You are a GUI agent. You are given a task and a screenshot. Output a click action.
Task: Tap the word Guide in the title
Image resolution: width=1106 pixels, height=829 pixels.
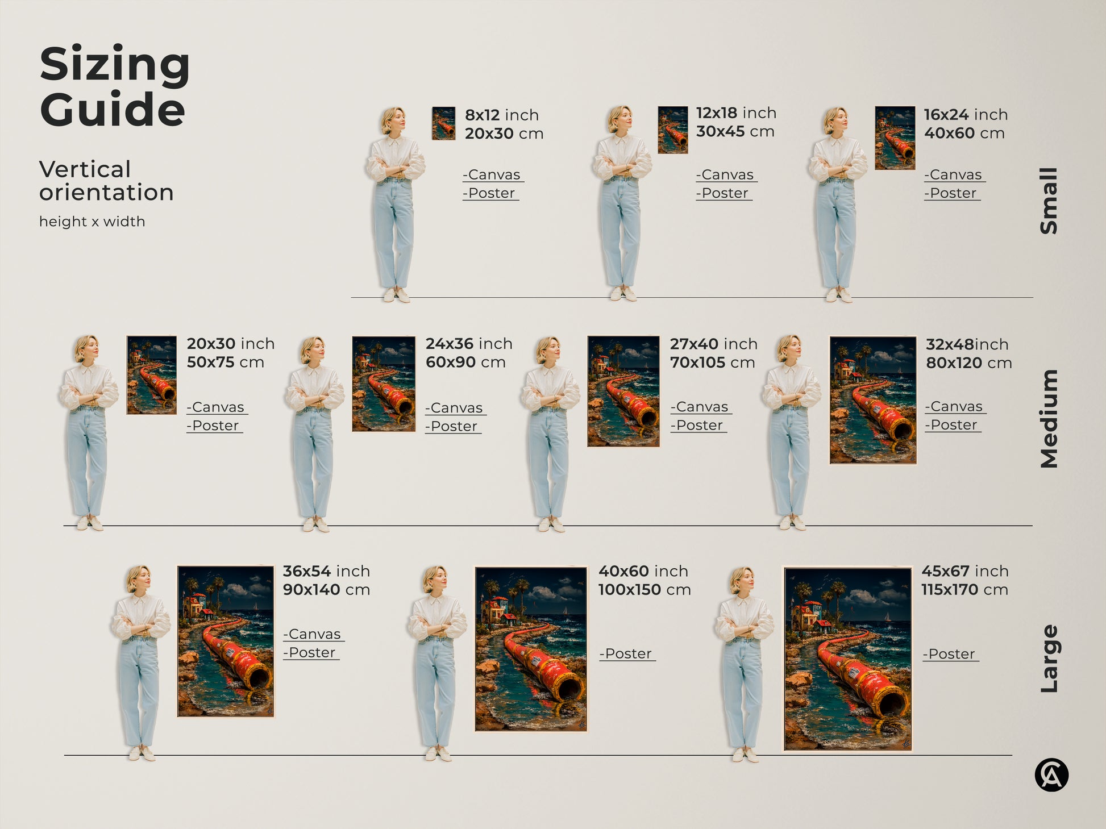112,109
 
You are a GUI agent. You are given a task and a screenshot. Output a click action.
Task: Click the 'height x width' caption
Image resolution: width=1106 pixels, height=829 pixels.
92,222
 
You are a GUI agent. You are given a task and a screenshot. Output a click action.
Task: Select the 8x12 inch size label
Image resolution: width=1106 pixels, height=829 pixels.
501,115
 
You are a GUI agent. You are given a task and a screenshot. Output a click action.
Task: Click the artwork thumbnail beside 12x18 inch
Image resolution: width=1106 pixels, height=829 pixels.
672,130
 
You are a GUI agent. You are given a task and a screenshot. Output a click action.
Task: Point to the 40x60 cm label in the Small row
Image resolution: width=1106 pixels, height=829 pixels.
964,134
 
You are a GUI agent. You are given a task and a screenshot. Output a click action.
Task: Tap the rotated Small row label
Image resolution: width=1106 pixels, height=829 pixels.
1049,201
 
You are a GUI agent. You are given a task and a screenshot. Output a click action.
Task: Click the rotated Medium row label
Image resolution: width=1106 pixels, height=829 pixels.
1049,419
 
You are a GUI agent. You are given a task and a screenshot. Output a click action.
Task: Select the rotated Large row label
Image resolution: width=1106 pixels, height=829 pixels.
1049,659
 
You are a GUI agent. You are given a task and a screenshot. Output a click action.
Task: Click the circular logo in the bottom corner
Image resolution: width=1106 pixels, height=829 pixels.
1051,774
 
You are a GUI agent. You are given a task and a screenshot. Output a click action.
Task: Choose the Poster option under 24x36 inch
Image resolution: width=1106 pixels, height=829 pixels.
454,426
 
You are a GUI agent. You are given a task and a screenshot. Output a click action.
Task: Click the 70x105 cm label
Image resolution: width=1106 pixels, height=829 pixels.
712,363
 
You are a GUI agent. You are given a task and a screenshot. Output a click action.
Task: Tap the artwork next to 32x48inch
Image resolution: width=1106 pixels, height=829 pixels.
872,400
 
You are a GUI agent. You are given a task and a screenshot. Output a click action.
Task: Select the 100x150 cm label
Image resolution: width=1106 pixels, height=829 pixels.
644,590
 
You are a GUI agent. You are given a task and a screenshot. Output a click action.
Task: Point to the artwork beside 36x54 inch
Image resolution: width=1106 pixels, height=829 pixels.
226,641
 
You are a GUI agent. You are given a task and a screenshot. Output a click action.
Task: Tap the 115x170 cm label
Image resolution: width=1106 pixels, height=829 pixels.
964,590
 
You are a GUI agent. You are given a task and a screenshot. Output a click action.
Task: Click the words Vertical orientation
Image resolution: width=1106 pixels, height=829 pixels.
106,181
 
